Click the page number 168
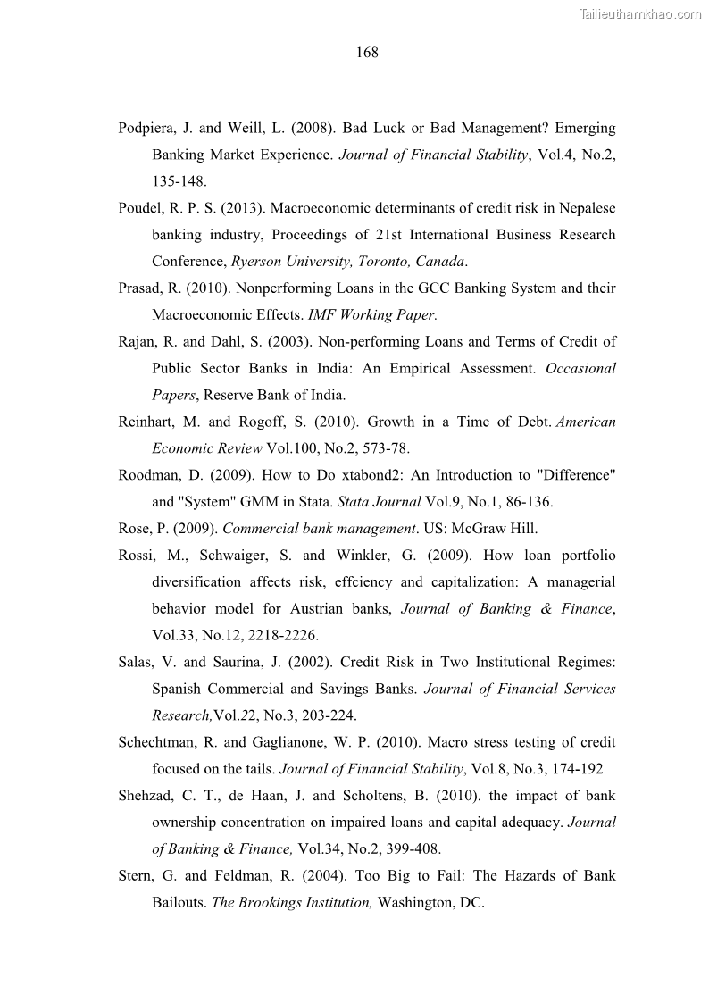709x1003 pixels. click(x=367, y=53)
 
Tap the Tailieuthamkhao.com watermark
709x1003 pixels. click(x=640, y=13)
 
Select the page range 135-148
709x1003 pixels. click(x=179, y=181)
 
